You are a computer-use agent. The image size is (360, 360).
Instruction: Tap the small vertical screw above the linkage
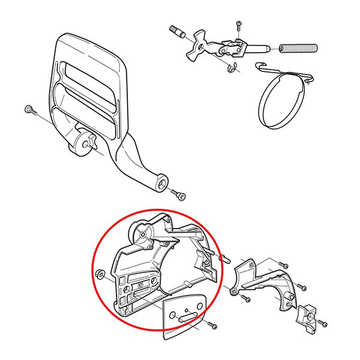[238, 25]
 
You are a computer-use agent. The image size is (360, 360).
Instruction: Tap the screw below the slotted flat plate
[214, 325]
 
